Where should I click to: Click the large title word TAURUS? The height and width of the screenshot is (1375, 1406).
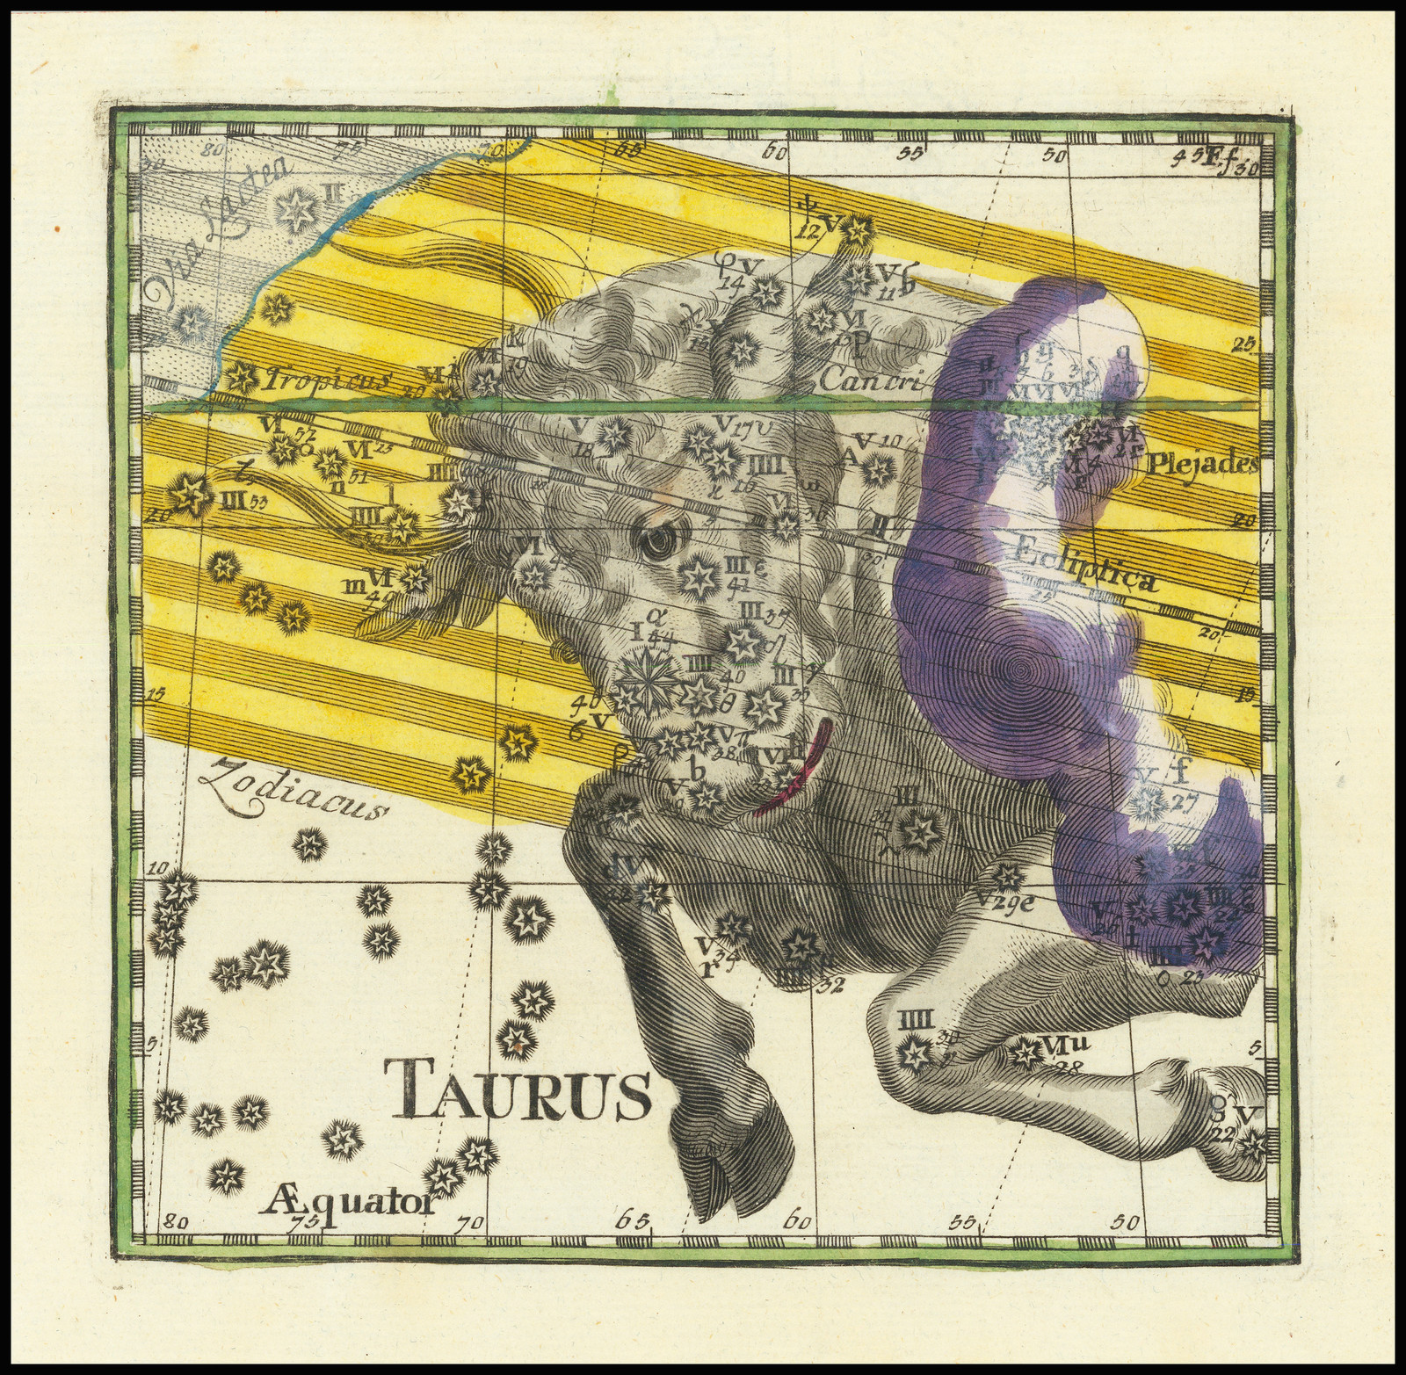pos(517,1088)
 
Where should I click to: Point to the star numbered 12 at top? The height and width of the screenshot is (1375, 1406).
pos(853,230)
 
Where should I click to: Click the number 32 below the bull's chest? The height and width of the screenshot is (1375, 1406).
pos(823,984)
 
